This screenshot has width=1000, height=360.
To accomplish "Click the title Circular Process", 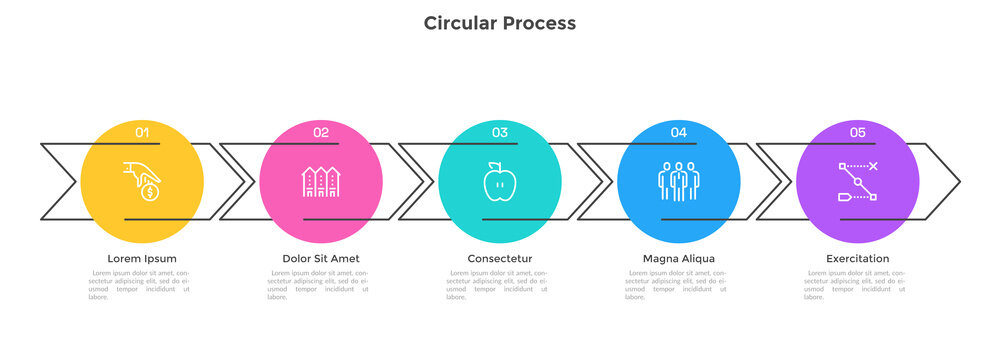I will click(x=499, y=22).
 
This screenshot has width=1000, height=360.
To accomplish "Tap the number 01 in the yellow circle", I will click(x=142, y=132).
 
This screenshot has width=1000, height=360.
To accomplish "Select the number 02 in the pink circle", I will click(x=321, y=132).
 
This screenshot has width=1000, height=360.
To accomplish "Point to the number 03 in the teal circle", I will click(x=499, y=132).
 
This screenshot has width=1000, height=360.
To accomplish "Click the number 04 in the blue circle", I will click(x=678, y=132).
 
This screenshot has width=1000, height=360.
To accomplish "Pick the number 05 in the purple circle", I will click(x=857, y=132).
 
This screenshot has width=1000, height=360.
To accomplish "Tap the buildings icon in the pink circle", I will click(x=321, y=181).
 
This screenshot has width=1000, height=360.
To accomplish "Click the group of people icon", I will click(x=678, y=181).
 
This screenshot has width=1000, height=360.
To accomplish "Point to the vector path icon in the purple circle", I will click(x=857, y=181).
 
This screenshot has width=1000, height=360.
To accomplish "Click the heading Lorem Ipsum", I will click(x=142, y=259).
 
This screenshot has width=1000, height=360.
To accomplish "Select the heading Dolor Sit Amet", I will click(x=321, y=259).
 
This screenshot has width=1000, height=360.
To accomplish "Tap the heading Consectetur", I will click(x=499, y=259).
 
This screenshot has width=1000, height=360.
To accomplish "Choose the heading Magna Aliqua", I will click(x=678, y=259).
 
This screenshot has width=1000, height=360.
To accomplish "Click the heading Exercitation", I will click(x=857, y=259).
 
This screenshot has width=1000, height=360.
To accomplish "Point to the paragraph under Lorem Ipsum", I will click(x=142, y=284).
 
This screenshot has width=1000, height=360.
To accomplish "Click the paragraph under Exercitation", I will click(x=857, y=284).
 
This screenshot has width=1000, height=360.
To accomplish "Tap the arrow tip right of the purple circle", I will click(x=956, y=181).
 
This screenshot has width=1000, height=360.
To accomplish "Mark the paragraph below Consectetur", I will click(x=499, y=284).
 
